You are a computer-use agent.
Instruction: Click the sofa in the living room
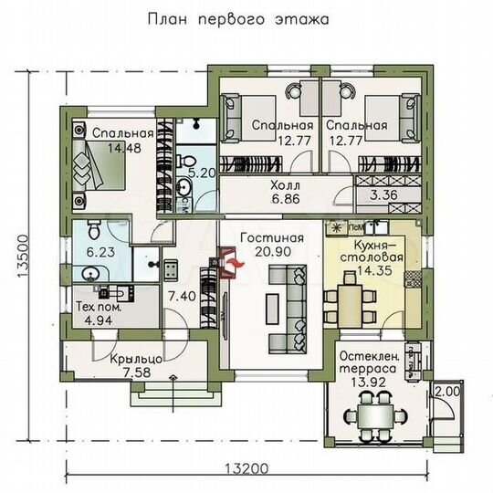295,296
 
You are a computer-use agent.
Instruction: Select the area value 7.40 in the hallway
181,297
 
